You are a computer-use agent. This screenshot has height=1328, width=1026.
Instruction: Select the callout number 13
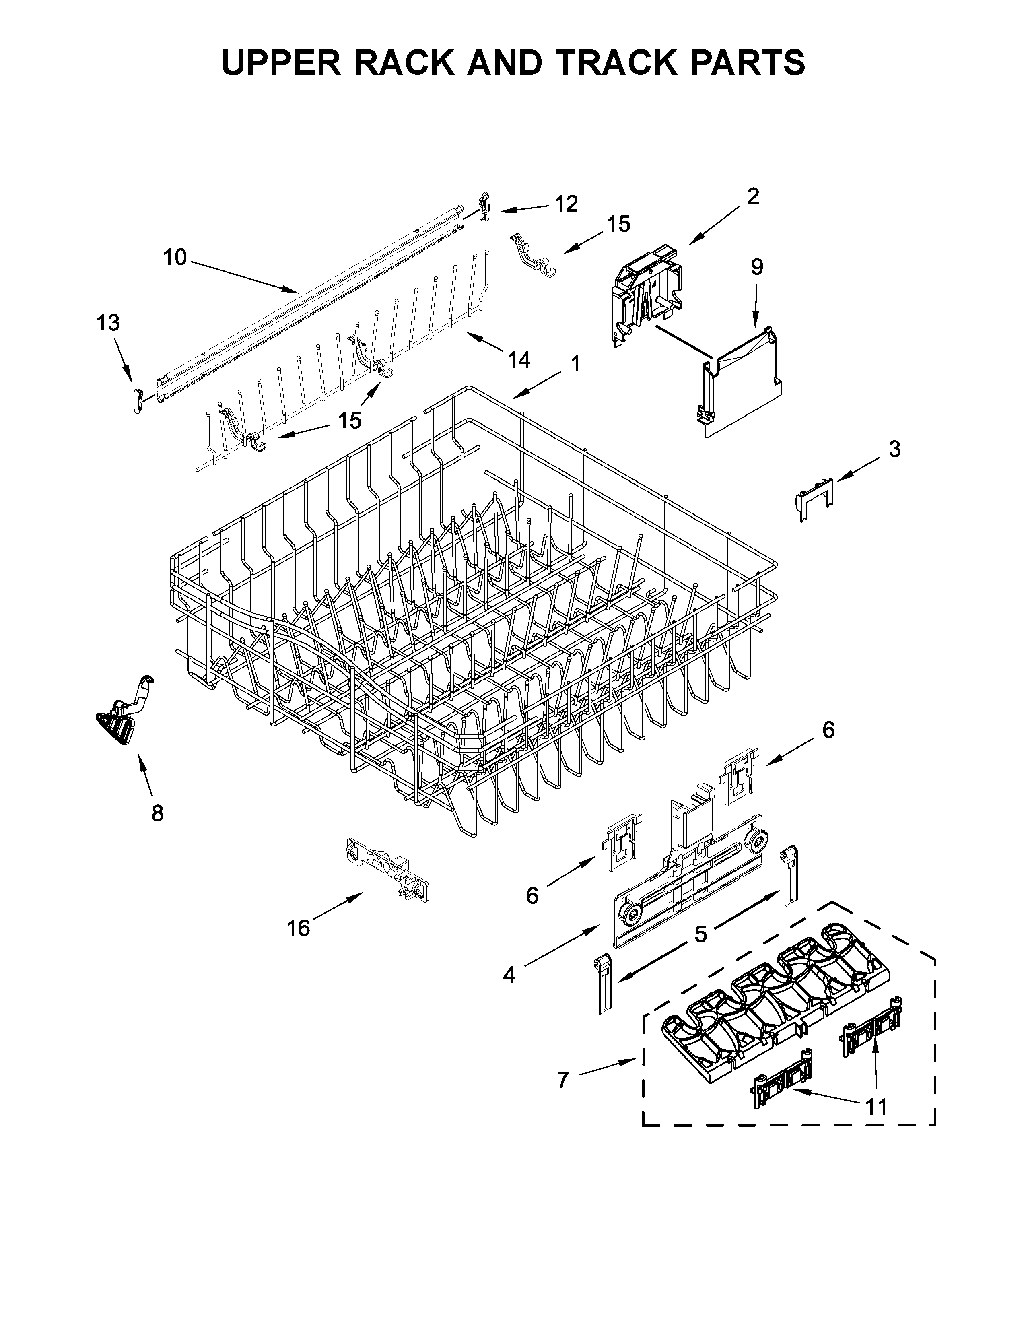108,323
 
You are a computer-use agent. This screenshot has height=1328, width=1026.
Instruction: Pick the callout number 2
752,196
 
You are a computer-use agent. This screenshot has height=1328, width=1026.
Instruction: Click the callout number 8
157,813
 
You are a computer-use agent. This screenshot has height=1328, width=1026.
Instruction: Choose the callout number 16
299,928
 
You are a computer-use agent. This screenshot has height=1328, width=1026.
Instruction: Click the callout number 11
876,1107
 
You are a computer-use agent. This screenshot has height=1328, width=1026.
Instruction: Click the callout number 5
701,934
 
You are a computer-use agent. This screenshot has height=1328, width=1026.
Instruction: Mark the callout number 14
519,360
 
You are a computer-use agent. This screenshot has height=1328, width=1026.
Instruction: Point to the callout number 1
575,364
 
